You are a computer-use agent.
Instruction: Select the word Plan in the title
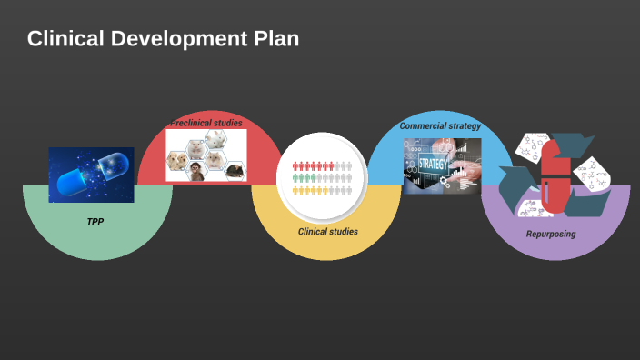pos(274,39)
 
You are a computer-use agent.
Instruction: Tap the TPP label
pos(95,221)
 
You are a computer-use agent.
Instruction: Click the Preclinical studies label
pos(206,122)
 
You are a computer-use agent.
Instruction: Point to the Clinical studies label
pos(327,232)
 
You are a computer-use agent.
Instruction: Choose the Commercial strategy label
pos(440,125)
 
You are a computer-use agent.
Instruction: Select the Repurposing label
pos(551,234)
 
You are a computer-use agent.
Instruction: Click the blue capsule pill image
pos(91,174)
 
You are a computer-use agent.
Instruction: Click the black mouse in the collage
pos(234,169)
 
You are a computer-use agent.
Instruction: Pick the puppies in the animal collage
pos(176,161)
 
